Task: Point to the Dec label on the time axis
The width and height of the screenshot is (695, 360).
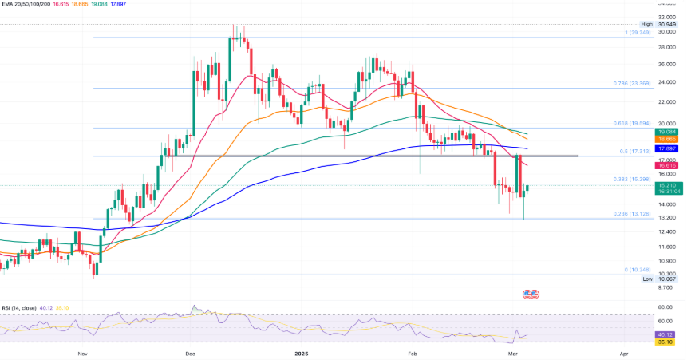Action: pyautogui.click(x=190, y=352)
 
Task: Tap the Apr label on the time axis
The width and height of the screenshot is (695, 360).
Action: pyautogui.click(x=622, y=352)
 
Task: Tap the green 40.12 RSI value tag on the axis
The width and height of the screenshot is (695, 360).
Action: pyautogui.click(x=665, y=334)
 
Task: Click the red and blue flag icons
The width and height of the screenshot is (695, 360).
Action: pyautogui.click(x=531, y=294)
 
